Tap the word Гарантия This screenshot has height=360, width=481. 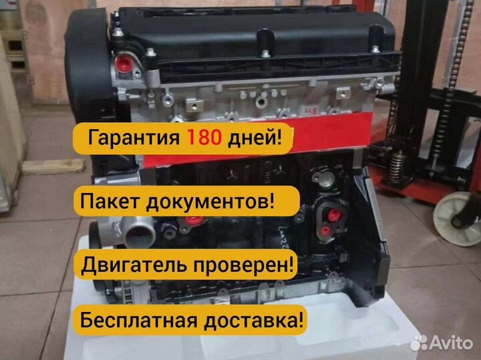click(x=133, y=140)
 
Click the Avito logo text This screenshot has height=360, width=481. click(x=452, y=343)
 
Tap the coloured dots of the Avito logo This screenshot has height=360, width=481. click(x=419, y=342)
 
